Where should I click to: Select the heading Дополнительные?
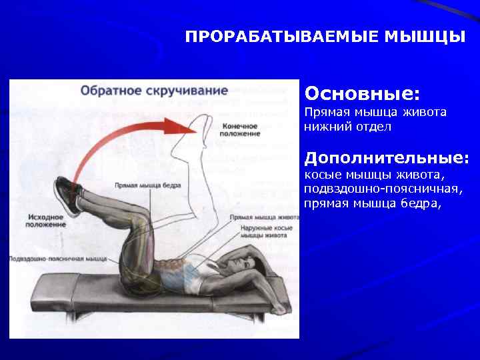click(387, 158)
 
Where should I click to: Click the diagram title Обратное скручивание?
click(154, 90)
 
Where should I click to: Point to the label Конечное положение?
click(240, 130)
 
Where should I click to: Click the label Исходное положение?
click(46, 221)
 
